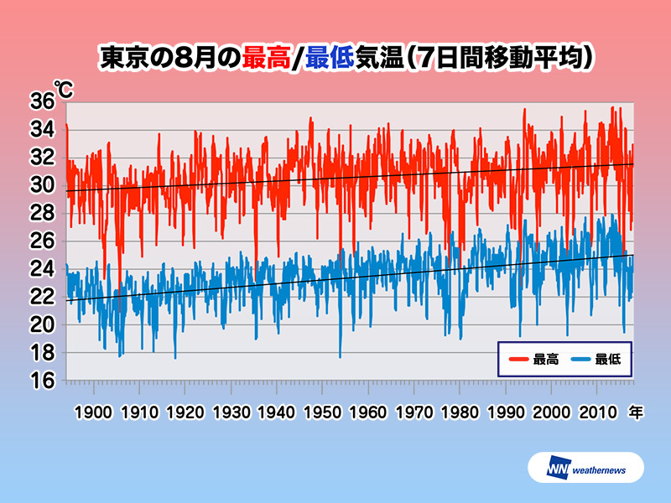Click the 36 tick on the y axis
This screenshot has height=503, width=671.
(x=42, y=101)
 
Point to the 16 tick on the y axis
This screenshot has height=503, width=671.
(x=42, y=381)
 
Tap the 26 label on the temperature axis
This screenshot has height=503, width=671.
(x=42, y=241)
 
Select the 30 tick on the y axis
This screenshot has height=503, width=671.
(x=42, y=185)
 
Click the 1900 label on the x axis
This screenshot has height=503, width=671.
(x=93, y=412)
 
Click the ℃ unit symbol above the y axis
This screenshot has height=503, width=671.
(x=62, y=87)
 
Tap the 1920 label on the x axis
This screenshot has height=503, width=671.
(x=185, y=412)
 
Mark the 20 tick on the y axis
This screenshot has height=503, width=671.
(x=42, y=324)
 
